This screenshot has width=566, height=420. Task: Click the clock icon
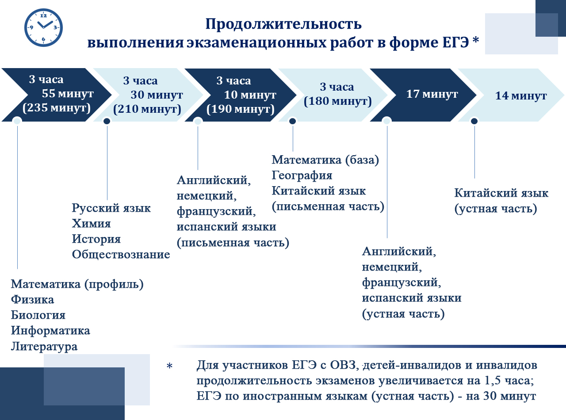click(x=43, y=27)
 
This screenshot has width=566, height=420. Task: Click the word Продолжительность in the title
click(x=283, y=23)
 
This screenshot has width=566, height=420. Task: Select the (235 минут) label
click(x=56, y=108)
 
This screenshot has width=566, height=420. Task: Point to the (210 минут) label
click(x=147, y=109)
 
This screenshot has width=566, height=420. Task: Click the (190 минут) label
click(x=241, y=109)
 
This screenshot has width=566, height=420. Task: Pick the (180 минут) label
click(x=338, y=101)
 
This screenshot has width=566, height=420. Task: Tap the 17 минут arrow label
click(x=432, y=94)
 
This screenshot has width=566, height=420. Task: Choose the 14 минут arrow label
click(x=521, y=96)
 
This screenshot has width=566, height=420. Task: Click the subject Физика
click(x=33, y=300)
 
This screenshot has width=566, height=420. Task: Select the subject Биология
click(x=38, y=315)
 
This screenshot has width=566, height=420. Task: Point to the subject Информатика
click(x=51, y=331)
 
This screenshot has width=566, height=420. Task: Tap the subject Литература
click(x=44, y=347)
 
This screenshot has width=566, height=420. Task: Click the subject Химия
click(x=92, y=224)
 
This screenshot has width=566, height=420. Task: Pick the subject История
click(x=96, y=239)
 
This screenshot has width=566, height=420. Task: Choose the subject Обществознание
click(x=121, y=255)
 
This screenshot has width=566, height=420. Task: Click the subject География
click(x=302, y=176)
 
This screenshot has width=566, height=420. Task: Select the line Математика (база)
click(x=325, y=160)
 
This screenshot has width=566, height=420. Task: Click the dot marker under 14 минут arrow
click(x=474, y=121)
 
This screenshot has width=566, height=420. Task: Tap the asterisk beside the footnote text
click(x=169, y=367)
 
